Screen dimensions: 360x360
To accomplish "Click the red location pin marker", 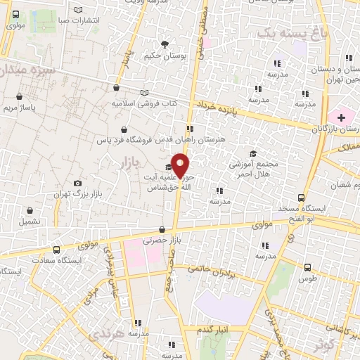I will pos(181,166).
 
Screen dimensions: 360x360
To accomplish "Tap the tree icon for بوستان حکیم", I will pos(165,44).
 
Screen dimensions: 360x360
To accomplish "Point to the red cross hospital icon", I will pos(342,116).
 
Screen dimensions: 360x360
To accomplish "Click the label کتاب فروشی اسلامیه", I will pos(143,103).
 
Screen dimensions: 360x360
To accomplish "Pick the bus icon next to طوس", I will pos(308,267).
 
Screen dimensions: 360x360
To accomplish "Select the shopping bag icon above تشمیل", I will pos(29,210).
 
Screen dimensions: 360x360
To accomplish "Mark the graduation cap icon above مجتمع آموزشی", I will pos(252,154).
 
